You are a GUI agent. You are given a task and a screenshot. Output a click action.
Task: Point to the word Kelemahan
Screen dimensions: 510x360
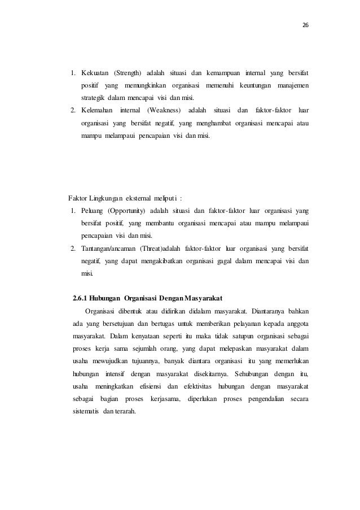[x=97, y=109]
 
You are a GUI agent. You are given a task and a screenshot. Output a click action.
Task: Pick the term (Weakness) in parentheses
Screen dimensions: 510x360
[x=171, y=109]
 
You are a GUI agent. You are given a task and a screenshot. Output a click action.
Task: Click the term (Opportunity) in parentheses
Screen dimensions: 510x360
[x=128, y=211]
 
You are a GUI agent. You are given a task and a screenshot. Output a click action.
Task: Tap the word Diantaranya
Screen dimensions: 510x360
[x=265, y=311]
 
